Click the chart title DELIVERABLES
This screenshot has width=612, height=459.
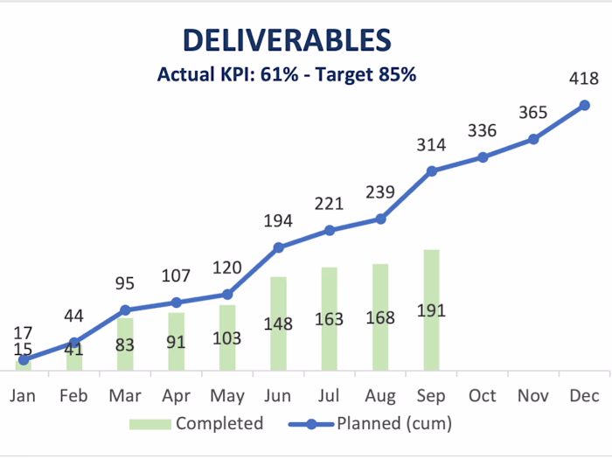[287, 40]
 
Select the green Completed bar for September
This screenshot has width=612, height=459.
[431, 309]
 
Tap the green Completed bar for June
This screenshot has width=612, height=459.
[278, 323]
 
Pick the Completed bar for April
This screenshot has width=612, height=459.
[176, 342]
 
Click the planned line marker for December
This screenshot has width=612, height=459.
[584, 106]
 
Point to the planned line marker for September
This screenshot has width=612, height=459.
[432, 171]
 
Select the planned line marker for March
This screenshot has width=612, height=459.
[125, 310]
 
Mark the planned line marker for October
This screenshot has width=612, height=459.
[483, 157]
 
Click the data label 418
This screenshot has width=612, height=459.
[584, 79]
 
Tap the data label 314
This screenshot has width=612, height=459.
[431, 145]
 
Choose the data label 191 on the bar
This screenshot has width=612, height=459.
[431, 310]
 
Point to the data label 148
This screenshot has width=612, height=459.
[278, 324]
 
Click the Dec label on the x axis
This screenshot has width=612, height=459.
[584, 396]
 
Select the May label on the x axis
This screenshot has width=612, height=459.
[227, 397]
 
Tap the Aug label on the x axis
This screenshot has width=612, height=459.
[380, 397]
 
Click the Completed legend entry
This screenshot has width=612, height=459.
[197, 423]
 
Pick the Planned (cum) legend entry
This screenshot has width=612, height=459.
[370, 423]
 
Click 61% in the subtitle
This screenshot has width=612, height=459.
[280, 74]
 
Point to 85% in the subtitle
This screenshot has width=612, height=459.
[397, 74]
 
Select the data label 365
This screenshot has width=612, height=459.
[533, 113]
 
